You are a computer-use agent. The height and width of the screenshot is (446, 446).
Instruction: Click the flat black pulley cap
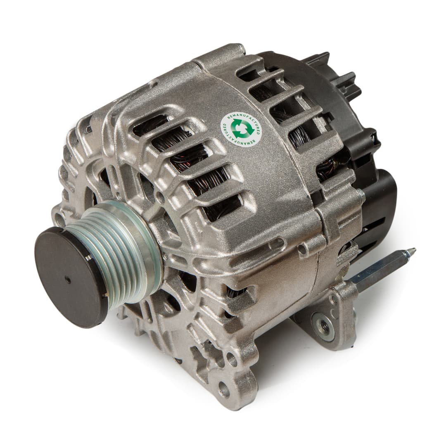[70, 277]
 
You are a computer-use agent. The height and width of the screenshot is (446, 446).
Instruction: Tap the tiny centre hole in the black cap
[67, 280]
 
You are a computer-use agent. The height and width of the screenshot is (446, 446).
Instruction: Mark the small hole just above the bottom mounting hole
[232, 360]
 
